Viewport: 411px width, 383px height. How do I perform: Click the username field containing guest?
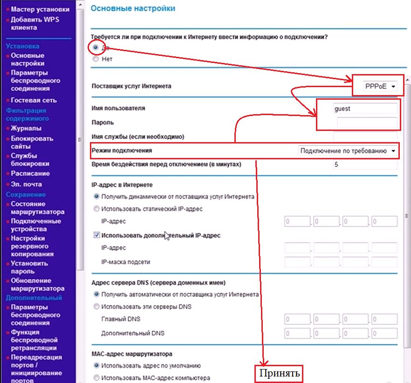pos(364,109)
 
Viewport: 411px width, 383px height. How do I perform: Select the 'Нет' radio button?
pos(96,59)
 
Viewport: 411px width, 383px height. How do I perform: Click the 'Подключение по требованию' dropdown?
pos(349,151)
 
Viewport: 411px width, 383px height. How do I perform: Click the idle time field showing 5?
pos(364,164)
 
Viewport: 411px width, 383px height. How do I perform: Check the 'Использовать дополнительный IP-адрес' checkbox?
pos(96,235)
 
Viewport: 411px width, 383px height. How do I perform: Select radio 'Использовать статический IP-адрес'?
pos(96,209)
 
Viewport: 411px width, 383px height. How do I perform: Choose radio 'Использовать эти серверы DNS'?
pos(96,307)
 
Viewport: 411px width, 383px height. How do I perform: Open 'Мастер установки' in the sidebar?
pos(40,9)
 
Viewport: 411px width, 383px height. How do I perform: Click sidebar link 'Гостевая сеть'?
pos(34,100)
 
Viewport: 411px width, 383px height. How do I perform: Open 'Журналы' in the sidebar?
pos(26,128)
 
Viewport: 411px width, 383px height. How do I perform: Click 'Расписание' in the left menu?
pos(30,173)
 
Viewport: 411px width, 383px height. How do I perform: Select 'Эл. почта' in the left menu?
pos(27,184)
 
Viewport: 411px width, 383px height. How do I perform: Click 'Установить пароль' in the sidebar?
pos(29,267)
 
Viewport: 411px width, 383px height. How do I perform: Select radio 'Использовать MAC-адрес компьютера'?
pos(96,378)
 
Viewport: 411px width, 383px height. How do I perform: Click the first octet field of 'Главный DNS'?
pos(297,319)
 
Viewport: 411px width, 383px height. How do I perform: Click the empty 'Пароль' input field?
pos(367,123)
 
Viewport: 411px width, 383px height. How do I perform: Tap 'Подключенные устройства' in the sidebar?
pos(36,225)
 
